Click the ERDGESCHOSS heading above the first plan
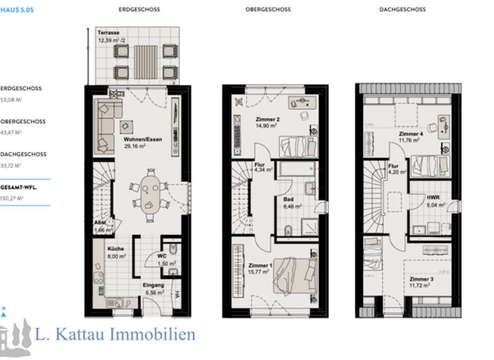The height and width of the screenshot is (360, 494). click(140, 10)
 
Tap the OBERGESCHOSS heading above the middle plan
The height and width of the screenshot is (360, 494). click(268, 10)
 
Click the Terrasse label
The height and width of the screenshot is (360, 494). click(107, 32)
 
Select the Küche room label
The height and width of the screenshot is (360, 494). click(116, 249)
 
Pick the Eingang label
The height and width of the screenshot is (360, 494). click(154, 285)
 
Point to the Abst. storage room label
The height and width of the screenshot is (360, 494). click(99, 222)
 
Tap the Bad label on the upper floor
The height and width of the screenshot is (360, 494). click(288, 199)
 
